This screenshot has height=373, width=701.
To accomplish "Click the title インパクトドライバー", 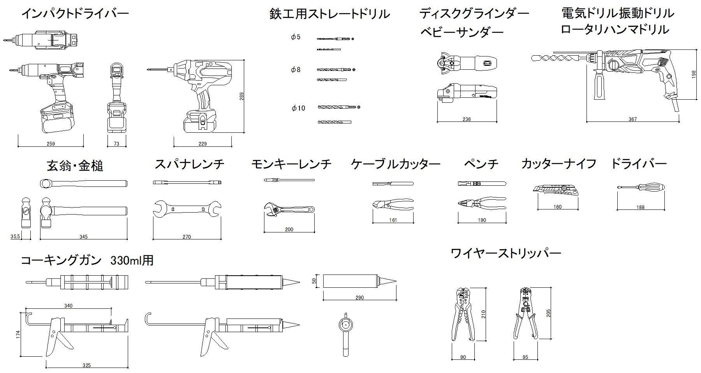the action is (75, 14).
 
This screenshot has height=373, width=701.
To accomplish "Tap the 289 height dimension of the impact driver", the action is (242, 96).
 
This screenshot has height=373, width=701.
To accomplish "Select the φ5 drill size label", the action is (296, 37).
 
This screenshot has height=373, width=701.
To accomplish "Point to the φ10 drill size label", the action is (298, 108).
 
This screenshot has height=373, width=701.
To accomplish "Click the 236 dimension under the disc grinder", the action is (467, 119).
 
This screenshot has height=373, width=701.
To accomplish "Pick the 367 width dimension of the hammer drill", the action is (632, 119).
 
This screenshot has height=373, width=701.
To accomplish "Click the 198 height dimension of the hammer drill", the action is (694, 74).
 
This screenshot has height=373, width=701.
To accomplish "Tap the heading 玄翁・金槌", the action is (75, 166).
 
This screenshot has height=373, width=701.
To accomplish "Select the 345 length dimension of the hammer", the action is (83, 237).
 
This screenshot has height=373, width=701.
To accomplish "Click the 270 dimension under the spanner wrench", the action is (187, 237).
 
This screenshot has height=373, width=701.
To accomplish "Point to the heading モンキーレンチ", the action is (291, 164).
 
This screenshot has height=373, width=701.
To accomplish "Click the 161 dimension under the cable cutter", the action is (393, 220).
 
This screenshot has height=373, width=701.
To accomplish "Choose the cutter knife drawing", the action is (556, 190).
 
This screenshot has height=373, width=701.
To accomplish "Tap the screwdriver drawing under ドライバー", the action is (641, 187).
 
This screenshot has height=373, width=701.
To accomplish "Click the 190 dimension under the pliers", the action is (482, 220).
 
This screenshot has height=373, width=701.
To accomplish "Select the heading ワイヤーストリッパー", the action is (506, 253).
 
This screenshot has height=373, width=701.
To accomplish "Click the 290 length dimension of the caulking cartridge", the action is (359, 297).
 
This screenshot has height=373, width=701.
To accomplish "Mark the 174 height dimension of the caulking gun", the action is (18, 334).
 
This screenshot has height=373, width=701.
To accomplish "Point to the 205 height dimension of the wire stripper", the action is (548, 313).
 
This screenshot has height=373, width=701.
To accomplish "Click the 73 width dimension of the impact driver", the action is (116, 144).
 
